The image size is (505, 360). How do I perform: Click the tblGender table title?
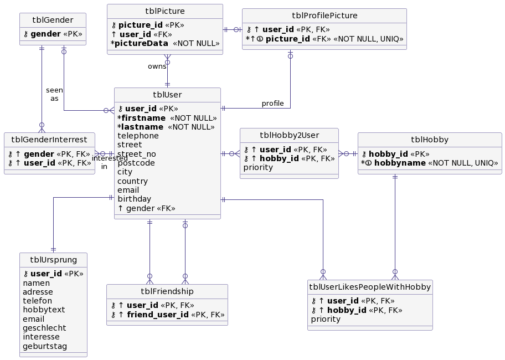[53, 20]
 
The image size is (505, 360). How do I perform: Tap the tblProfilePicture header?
[324, 16]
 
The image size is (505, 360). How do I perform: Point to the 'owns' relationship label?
[157, 66]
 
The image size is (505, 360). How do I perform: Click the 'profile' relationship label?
[272, 104]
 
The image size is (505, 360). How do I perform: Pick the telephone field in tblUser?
[138, 136]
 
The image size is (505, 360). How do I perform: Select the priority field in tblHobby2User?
[258, 167]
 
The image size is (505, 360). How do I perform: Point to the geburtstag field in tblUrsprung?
[44, 346]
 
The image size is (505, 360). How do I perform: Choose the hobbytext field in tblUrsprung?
[43, 310]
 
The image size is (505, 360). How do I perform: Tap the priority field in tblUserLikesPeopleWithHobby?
[326, 319]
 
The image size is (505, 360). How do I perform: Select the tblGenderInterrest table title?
[49, 139]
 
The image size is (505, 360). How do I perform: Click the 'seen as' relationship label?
[54, 94]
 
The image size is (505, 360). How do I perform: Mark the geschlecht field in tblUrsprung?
[44, 328]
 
